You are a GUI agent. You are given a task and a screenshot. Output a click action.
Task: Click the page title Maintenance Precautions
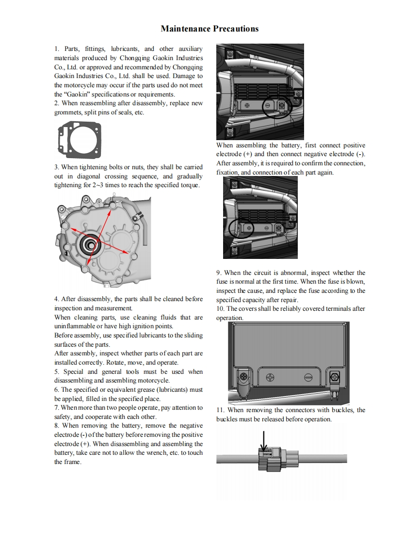tap(210, 29)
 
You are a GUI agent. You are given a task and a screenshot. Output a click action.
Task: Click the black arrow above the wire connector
tap(263, 441)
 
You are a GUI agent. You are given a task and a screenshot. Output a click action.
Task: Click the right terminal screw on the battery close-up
tap(334, 377)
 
